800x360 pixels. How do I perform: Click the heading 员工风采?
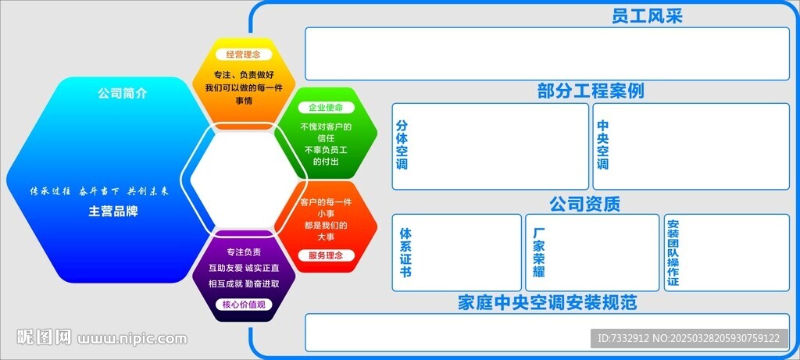(647, 16)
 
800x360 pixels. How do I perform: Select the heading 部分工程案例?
(590, 91)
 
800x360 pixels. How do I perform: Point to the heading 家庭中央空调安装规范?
(547, 302)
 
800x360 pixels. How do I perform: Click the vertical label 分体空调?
(402, 145)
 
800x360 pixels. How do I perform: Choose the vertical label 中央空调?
(602, 145)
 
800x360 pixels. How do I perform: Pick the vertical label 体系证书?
(405, 253)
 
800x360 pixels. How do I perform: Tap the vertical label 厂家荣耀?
(538, 253)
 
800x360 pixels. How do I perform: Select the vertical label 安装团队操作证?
(673, 253)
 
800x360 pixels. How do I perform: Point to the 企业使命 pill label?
(326, 107)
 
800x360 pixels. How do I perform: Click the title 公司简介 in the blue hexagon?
(122, 94)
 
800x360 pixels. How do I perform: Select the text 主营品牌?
(112, 211)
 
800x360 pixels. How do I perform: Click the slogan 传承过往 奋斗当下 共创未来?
(98, 191)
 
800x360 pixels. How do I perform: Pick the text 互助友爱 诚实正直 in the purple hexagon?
(243, 268)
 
